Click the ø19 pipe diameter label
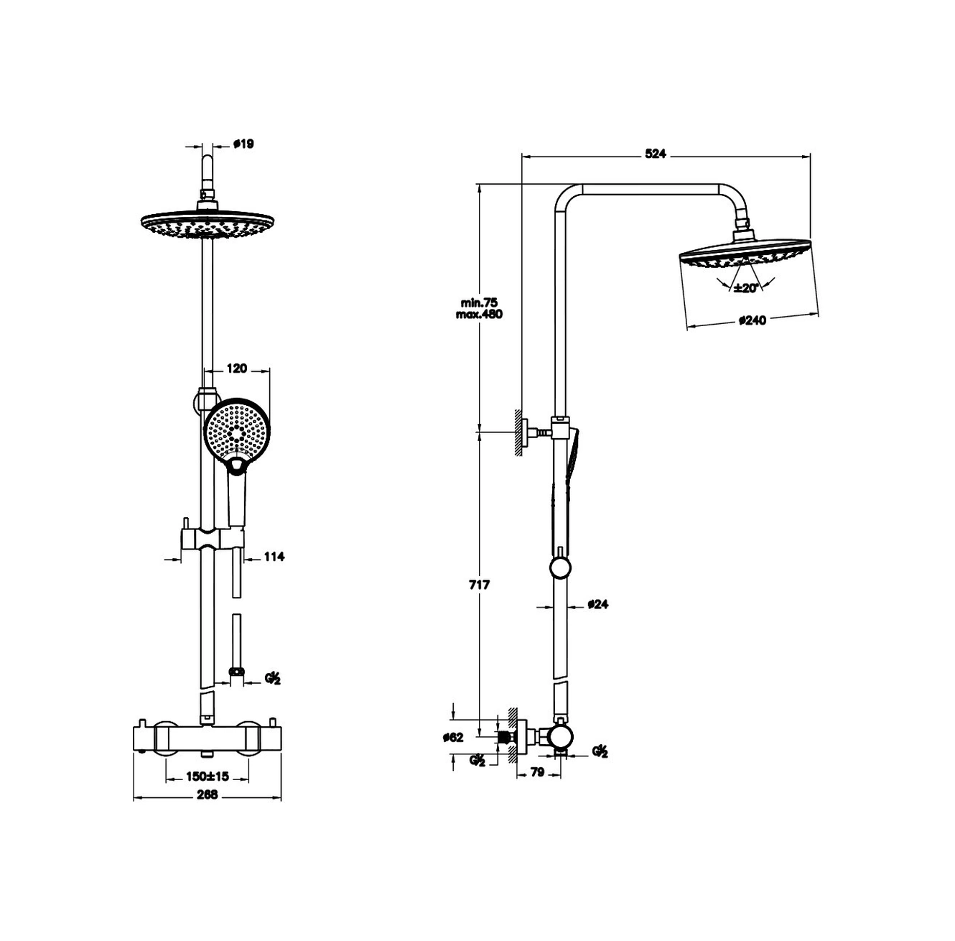(243, 144)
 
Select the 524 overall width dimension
(655, 154)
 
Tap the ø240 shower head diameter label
(753, 320)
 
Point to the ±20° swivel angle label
(746, 287)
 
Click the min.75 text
(479, 302)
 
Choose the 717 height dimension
(479, 585)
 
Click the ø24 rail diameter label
(597, 604)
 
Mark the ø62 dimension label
(453, 738)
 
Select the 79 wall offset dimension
(537, 772)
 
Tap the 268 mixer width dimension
(208, 794)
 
